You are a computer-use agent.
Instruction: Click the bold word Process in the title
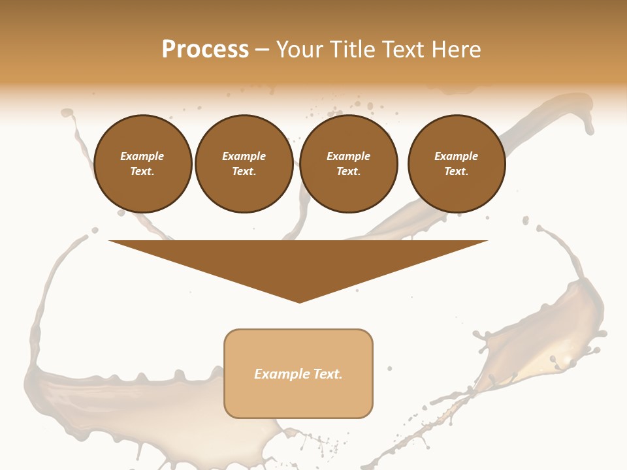(x=205, y=50)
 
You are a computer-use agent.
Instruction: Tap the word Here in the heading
(x=455, y=50)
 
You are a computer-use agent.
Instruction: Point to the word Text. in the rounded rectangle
(x=329, y=374)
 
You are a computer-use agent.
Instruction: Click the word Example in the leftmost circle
(x=142, y=156)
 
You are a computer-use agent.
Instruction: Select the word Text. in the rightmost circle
(x=456, y=171)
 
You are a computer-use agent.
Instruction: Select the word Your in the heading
(x=297, y=50)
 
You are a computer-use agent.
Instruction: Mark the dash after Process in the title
(x=262, y=50)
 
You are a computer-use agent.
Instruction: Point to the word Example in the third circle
(x=348, y=156)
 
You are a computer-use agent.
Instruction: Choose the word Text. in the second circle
(x=244, y=171)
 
